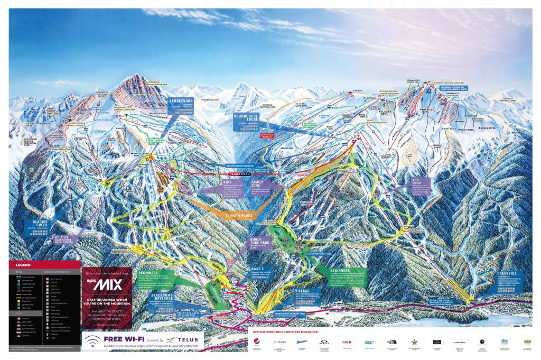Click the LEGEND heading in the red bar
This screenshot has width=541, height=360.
pos(23,264)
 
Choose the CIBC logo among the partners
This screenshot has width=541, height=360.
pos(347,342)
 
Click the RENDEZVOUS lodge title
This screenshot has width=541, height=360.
pos(181,100)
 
